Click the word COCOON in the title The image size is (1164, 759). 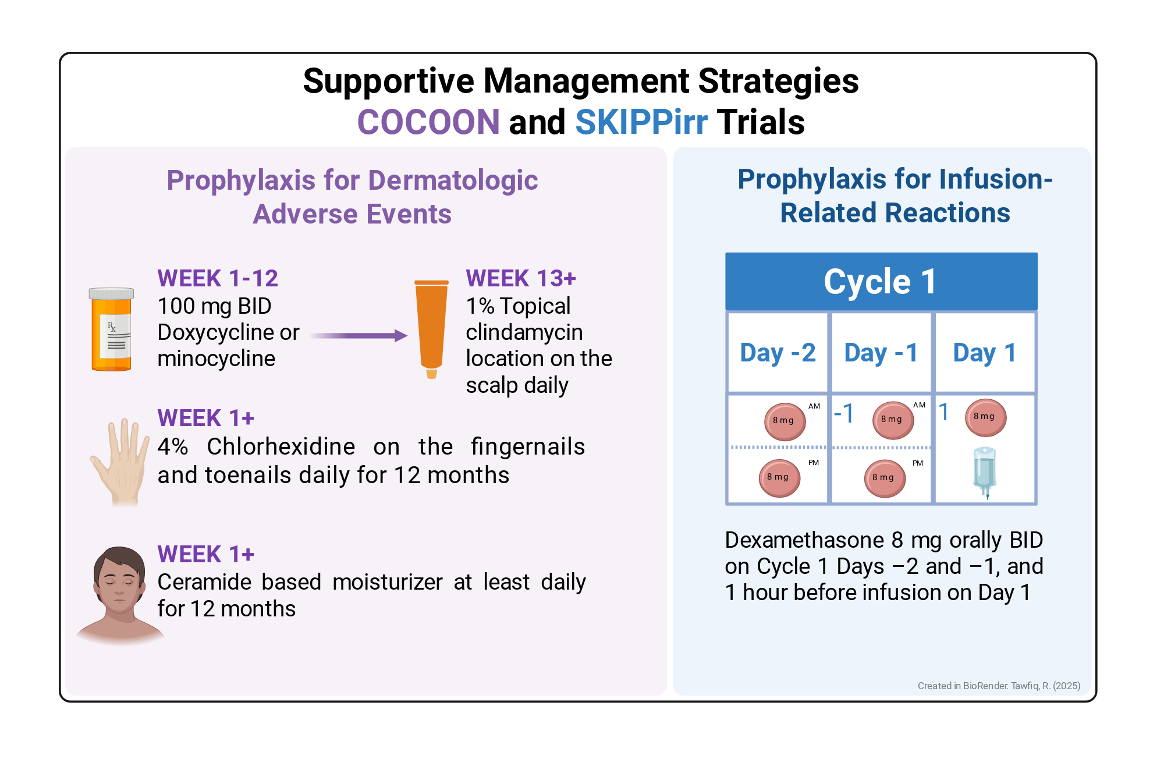coord(428,122)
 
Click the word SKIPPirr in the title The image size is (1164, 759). coord(641,122)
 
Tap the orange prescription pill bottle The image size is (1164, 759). coord(111,329)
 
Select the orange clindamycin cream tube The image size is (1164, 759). coord(431,329)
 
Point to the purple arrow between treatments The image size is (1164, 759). coord(358,335)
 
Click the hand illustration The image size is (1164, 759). coord(120,462)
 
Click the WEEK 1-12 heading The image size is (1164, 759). coord(218,278)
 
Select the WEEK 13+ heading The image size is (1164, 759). coord(521,278)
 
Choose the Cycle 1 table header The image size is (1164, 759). coord(881,281)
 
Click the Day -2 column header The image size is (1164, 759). coord(778,353)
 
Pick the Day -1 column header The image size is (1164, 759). coord(881,353)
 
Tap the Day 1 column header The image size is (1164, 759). coord(985,353)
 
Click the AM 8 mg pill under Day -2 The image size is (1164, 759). coord(785,421)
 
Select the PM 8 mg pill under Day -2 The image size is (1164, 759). coord(779,478)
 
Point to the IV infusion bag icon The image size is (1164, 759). coord(985,472)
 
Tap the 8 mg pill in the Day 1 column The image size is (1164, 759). coord(986,417)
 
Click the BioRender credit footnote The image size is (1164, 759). coord(999,686)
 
